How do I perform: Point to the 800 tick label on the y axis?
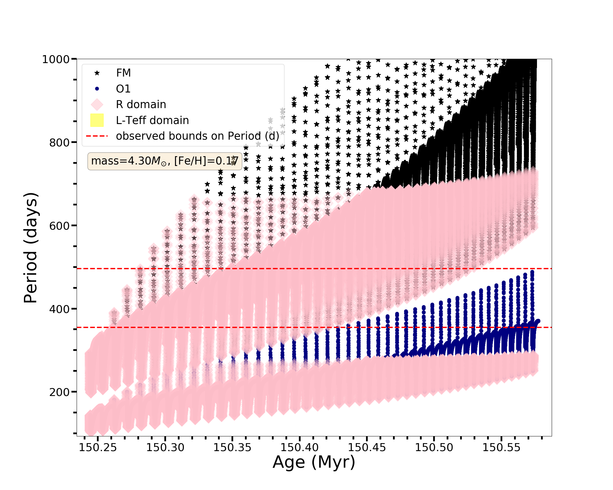tap(59, 142)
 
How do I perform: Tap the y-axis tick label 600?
tap(59, 226)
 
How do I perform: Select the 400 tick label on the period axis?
tap(59, 309)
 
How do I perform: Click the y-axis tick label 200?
tap(59, 392)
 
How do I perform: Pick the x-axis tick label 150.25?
tap(98, 447)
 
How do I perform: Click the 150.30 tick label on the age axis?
tap(165, 447)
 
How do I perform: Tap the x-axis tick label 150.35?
tap(232, 447)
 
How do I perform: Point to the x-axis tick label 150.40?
tap(299, 447)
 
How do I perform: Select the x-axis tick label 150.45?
tap(367, 447)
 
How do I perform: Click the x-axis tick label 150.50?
tap(434, 447)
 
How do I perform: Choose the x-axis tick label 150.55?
tap(501, 447)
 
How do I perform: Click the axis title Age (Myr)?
tap(314, 462)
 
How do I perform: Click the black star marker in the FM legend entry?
tap(97, 73)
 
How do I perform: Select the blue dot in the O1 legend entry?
tap(97, 89)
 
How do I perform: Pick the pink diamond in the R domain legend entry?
tap(97, 104)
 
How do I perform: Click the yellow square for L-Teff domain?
tap(97, 120)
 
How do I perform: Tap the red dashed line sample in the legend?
tap(97, 136)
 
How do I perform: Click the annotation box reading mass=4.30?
tap(165, 161)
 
